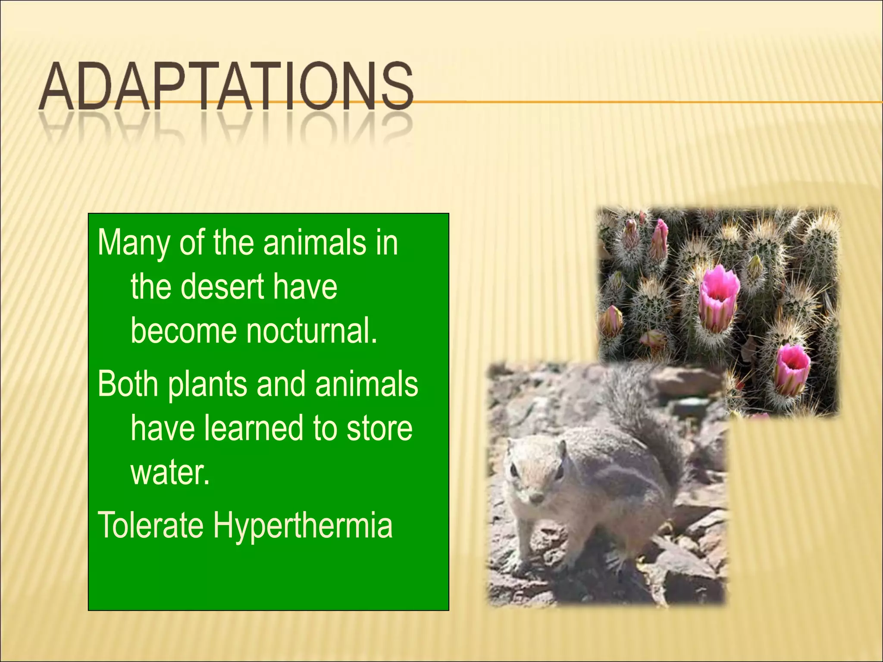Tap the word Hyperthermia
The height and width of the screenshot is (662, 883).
click(x=303, y=526)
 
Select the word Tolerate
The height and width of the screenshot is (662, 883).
click(x=150, y=525)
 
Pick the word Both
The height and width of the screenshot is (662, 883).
click(x=128, y=384)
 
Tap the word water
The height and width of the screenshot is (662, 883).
click(x=169, y=473)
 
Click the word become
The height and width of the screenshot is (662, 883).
click(x=184, y=331)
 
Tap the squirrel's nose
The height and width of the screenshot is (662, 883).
click(x=536, y=498)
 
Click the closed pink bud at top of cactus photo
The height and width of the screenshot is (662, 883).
click(x=660, y=239)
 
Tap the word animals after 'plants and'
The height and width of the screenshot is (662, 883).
click(x=366, y=384)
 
